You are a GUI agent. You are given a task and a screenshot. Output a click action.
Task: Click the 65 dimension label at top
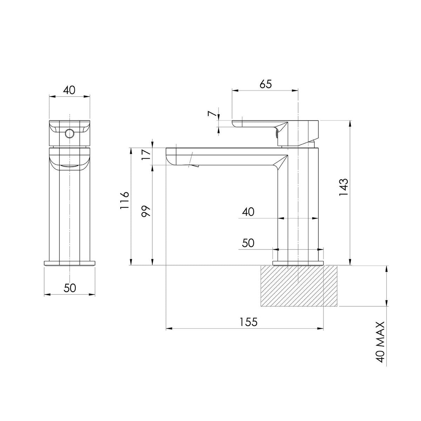click(266, 84)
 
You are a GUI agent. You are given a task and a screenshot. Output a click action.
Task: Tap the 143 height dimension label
click(344, 187)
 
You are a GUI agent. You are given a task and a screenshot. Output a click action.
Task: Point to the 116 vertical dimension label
click(125, 201)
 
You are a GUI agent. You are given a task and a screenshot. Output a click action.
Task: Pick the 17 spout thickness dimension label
click(146, 154)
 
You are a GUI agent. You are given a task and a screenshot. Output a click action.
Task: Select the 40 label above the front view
click(69, 90)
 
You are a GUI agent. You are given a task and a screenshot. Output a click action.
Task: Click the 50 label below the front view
click(70, 288)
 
